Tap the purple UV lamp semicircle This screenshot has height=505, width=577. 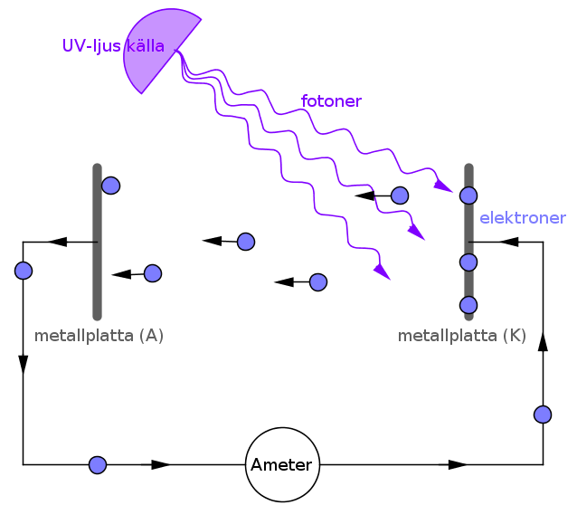pos(155,48)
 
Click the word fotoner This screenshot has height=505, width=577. pos(331,101)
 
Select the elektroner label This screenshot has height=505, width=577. pos(523,218)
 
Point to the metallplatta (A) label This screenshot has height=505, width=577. pos(99,336)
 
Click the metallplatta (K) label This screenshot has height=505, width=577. pos(462,336)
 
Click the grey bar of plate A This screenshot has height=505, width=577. pos(97,242)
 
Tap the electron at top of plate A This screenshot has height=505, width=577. pos(110,186)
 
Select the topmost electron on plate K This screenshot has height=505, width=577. pos(468,195)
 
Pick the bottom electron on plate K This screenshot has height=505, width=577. pos(468,305)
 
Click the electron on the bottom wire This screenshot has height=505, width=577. pos(98,465)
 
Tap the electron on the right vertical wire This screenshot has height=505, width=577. pos(543,414)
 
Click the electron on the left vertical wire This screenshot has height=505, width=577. pos(24,271)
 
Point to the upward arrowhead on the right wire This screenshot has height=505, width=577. pos(543,341)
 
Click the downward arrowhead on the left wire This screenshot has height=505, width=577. pos(24,365)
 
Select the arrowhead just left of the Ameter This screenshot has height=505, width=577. pos(161,464)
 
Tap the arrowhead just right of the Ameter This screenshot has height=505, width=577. pos(458,464)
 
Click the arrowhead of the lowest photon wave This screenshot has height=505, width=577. pos(382,272)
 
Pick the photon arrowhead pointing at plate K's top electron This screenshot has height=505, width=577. pos(443,186)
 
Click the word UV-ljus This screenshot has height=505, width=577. pos(91,46)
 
